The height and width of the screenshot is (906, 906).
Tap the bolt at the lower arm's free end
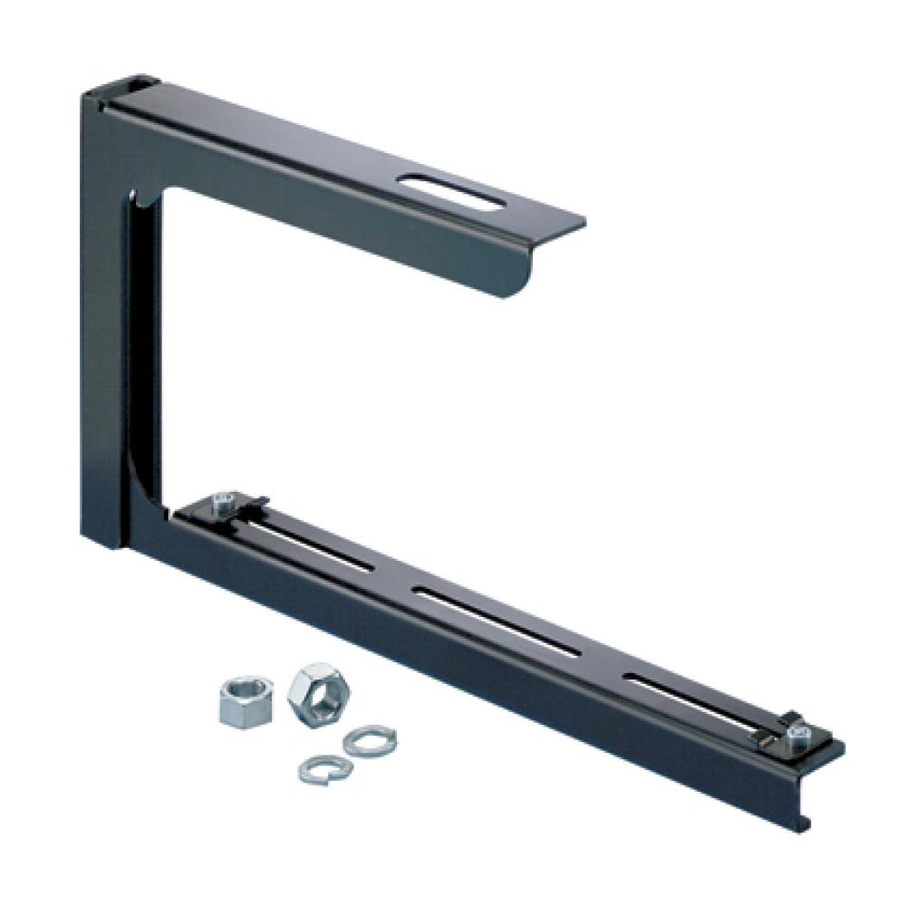[796, 735]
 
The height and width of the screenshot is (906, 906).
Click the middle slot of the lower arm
[495, 621]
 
